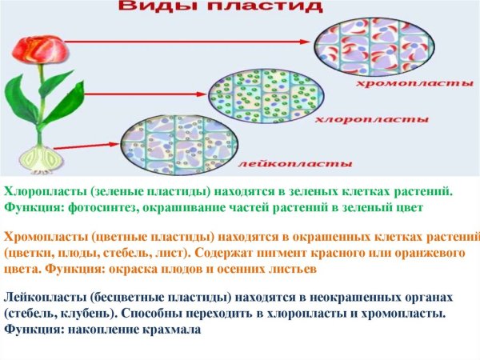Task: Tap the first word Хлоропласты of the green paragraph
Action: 44,191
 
